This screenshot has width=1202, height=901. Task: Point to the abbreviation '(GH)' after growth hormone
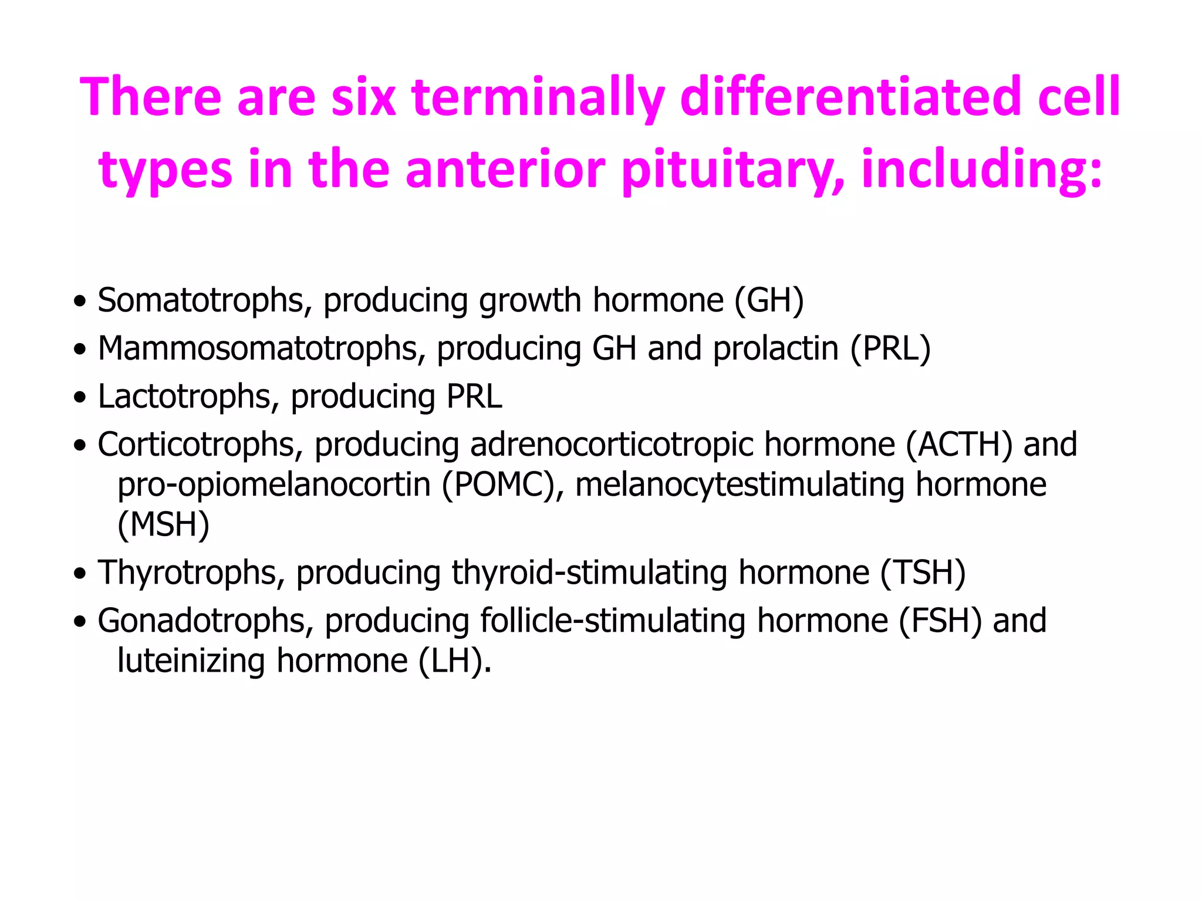coord(769,301)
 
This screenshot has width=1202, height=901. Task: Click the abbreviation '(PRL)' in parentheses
coord(890,349)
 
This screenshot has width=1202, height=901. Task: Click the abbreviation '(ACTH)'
coord(959,445)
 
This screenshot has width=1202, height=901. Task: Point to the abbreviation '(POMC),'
coord(503,486)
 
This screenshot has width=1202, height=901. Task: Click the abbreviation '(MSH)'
coord(163,525)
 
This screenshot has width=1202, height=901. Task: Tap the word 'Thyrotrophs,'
coord(191,573)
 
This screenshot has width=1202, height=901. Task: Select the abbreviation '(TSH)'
coord(923,573)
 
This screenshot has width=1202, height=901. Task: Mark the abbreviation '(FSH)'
coord(940,621)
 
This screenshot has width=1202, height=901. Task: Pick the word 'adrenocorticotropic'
coord(612,445)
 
